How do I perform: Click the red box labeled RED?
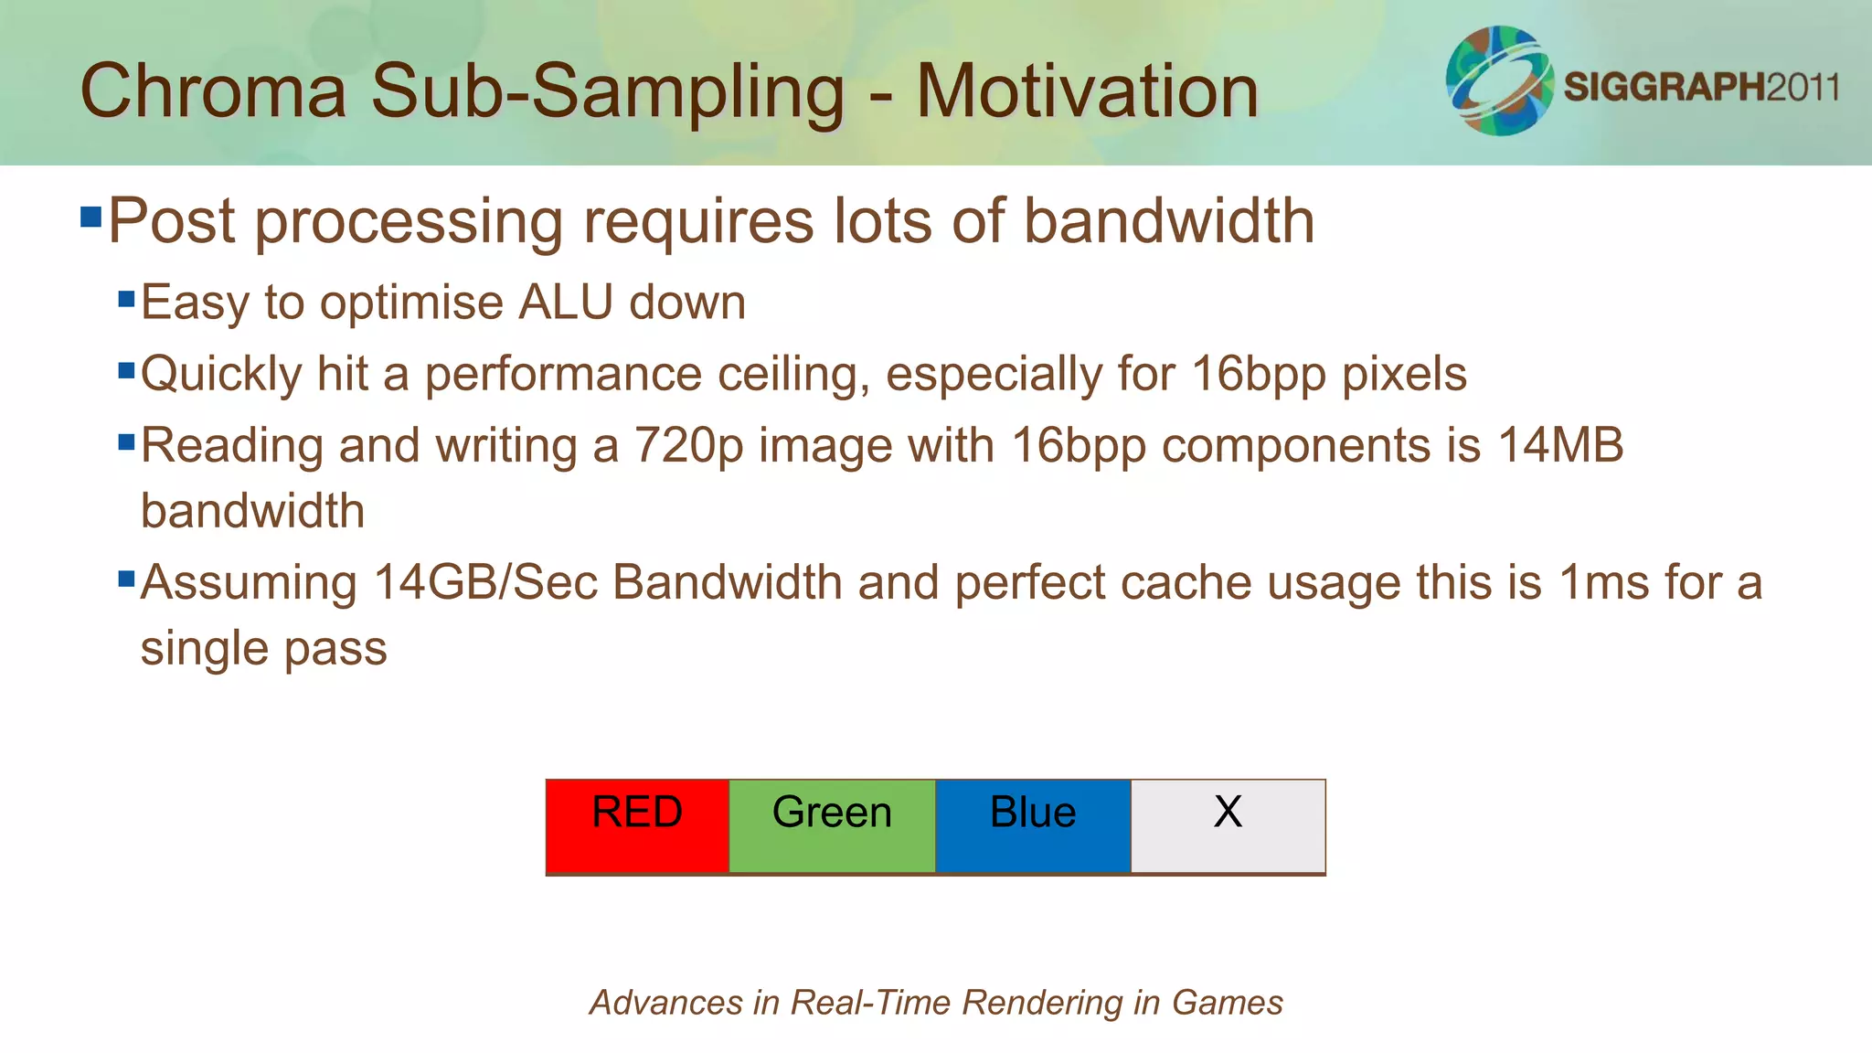point(637,826)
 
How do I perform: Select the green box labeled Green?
point(832,826)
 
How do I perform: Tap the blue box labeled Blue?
point(1033,826)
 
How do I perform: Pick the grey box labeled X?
point(1228,826)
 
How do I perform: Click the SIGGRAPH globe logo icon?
point(1499,81)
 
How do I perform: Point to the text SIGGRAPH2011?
point(1701,87)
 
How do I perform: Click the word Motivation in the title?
point(1087,91)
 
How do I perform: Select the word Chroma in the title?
point(214,91)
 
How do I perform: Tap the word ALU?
point(565,303)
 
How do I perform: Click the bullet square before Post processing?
point(90,218)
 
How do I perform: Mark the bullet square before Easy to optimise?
point(127,299)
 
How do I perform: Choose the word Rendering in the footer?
point(1041,1003)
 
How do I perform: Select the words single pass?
point(263,649)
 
